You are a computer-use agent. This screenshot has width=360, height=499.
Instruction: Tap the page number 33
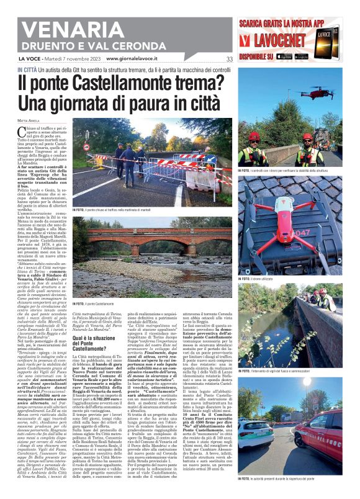(x=229, y=59)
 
